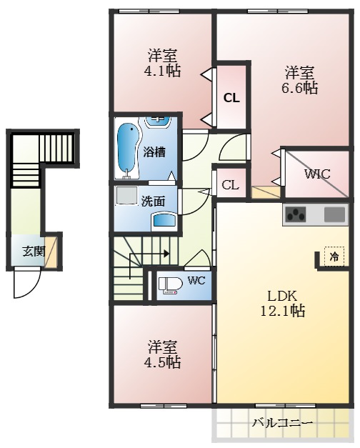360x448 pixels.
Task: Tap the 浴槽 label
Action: pos(154,152)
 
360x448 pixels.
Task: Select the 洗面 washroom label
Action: pos(154,201)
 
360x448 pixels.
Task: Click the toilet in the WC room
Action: pos(170,285)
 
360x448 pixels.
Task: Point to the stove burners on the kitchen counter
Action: pos(295,214)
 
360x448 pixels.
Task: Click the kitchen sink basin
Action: pos(334,214)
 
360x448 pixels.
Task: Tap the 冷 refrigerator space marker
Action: pos(334,257)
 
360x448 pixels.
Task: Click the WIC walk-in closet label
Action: pos(317,174)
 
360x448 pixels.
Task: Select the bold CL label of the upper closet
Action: pos(231,98)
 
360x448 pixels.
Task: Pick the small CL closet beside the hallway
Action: pos(230,186)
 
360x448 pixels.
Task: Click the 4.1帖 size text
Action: pos(162,71)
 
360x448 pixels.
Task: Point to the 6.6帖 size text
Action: pos(300,88)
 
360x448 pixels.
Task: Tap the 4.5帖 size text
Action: pos(162,362)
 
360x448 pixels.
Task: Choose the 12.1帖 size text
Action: pos(282,310)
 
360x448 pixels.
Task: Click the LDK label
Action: pos(282,296)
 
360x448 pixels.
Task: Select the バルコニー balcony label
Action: pos(282,422)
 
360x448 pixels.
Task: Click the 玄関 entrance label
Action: pos(34,251)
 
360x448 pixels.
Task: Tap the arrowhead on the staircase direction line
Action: pos(166,253)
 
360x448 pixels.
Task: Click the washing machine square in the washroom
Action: pos(126,196)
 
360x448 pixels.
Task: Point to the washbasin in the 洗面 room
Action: pos(164,221)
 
